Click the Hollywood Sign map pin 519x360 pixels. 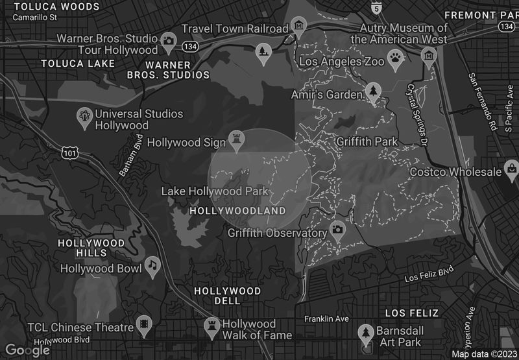(x=236, y=139)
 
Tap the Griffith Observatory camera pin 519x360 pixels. (x=337, y=229)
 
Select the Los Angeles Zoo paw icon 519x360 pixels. (x=395, y=58)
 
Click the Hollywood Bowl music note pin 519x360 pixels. (x=152, y=265)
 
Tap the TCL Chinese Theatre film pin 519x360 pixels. (x=143, y=326)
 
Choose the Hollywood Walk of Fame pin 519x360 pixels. (x=212, y=324)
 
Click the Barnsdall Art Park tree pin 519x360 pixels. (x=365, y=332)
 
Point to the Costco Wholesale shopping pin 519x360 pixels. (x=511, y=170)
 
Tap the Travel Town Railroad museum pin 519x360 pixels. (x=298, y=27)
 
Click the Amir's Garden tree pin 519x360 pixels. (x=372, y=91)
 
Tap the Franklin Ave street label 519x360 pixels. (x=327, y=318)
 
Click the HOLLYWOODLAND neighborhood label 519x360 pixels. (x=237, y=211)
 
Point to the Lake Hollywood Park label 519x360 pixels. (x=215, y=191)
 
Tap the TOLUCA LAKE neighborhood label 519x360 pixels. (x=77, y=64)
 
